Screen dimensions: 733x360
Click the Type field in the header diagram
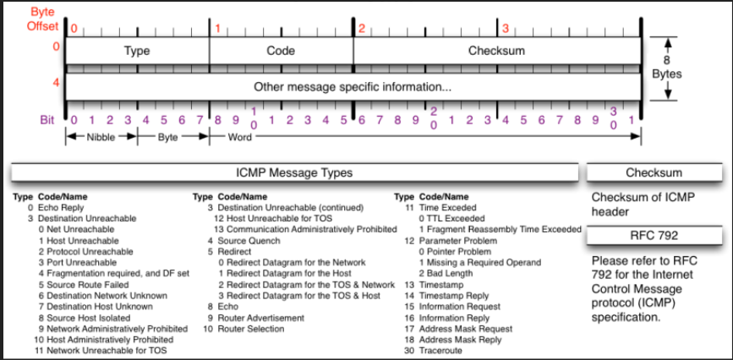137,51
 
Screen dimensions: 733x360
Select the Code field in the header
281,51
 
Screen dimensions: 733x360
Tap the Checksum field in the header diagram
497,51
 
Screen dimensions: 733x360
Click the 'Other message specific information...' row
353,87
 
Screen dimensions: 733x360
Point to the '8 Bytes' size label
666,68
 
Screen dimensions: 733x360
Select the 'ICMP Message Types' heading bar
294,172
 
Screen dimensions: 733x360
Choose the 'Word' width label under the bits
240,136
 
